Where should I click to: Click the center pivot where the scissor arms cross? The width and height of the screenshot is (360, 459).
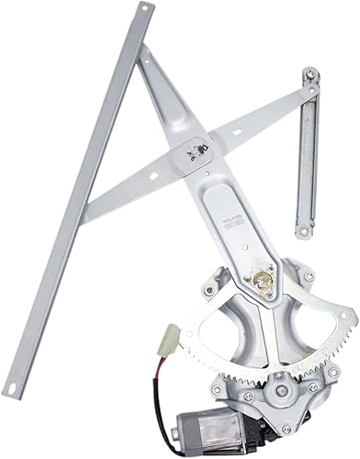pos(195,150)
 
